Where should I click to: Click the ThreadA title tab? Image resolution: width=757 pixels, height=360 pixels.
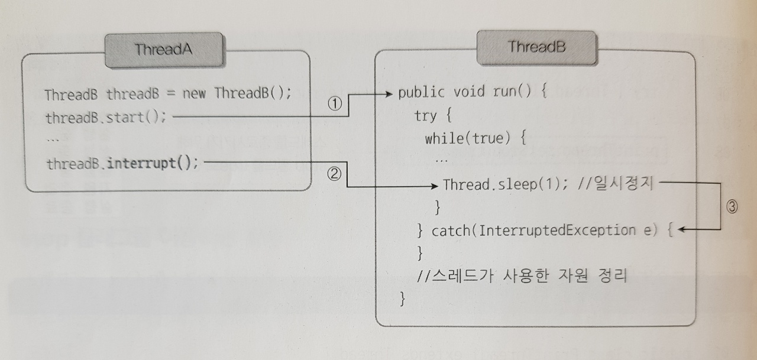coord(164,50)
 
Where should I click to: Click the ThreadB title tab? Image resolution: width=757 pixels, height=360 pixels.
coord(536,47)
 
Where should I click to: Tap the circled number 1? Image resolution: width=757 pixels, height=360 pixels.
coord(335,103)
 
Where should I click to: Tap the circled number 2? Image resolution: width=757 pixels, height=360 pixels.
coord(335,175)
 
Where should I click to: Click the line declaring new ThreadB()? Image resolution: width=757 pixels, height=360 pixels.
coord(168,93)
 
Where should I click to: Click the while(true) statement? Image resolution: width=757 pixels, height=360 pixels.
coord(471,138)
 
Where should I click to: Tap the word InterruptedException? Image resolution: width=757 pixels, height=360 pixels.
coord(557,230)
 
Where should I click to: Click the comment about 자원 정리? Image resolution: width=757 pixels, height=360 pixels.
coord(521,275)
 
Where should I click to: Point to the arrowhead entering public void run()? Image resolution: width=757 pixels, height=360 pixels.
coord(390,93)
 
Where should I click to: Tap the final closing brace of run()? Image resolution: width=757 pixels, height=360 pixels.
coord(403,299)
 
